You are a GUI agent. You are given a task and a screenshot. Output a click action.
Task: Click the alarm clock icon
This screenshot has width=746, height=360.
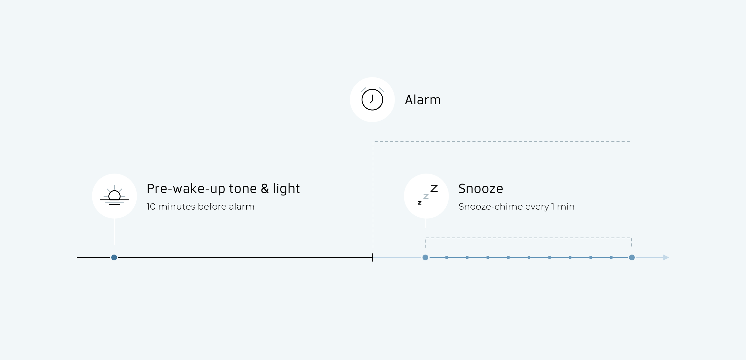coord(372,99)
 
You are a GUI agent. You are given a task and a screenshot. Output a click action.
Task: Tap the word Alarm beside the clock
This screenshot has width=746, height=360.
coord(423,100)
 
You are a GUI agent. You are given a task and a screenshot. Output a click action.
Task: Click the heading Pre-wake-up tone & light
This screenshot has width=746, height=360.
coord(223,189)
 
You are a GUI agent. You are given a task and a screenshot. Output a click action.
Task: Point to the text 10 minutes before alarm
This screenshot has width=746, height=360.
coord(200,206)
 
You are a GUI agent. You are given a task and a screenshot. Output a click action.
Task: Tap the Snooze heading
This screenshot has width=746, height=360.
coord(481,189)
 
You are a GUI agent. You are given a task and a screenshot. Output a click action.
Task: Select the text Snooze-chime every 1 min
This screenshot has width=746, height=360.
coord(516,206)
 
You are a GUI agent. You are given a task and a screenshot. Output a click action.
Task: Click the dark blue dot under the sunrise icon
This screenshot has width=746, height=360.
coord(114,257)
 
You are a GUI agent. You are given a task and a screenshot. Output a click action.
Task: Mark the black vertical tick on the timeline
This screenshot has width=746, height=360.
coord(373,257)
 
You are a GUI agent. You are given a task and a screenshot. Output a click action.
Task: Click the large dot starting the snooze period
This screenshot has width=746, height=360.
coord(425,257)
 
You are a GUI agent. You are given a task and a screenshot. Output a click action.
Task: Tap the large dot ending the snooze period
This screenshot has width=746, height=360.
coord(632,257)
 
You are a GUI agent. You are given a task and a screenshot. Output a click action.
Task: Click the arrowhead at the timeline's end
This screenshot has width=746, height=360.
coord(666,257)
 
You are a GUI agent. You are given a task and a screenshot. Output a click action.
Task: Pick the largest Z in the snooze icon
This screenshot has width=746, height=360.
coord(434,188)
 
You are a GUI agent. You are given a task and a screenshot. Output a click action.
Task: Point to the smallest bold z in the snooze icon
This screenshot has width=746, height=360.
coord(420,203)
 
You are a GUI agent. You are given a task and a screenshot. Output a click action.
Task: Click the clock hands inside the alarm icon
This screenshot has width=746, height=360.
coord(372,99)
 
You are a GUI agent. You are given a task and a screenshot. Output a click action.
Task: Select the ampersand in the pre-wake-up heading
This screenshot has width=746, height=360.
coord(265,189)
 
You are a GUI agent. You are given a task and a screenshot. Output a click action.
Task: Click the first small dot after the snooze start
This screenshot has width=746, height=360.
coord(447,257)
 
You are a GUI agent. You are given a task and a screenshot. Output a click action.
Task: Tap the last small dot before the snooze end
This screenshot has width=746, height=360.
coord(611,257)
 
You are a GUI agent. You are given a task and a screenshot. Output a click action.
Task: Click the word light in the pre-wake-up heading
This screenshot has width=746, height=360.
coord(287,189)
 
